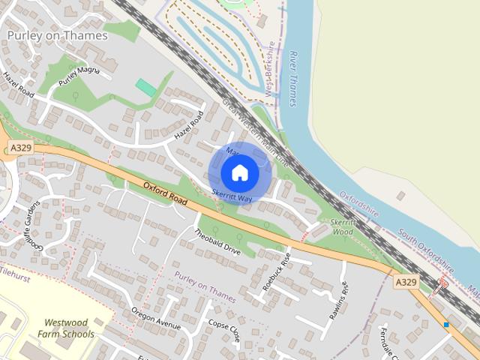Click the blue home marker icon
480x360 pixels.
click(240, 173)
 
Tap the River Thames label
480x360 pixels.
click(293, 79)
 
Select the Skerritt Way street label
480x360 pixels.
click(231, 194)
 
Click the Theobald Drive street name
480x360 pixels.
click(217, 242)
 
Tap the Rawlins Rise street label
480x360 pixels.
click(338, 299)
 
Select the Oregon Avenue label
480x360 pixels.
click(156, 319)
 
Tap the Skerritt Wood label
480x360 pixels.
click(342, 227)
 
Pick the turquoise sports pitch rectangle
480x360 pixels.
click(146, 88)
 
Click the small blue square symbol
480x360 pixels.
click(446, 325)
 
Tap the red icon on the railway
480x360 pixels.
click(442, 283)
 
